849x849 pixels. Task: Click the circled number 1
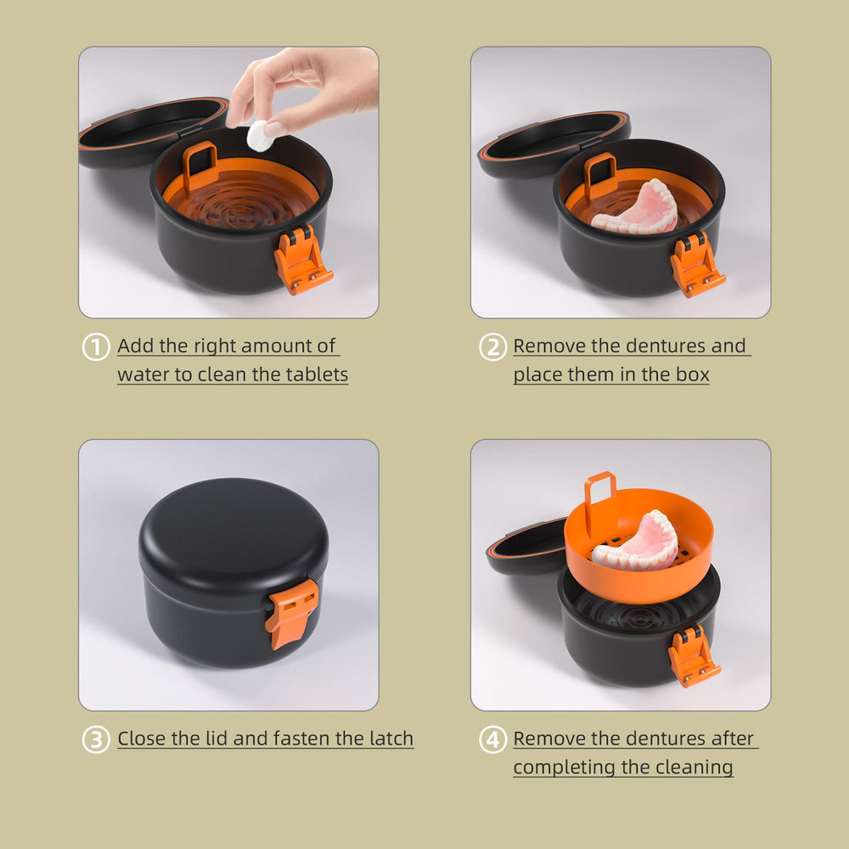96,347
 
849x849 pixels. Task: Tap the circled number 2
492,347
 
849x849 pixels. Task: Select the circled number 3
96,739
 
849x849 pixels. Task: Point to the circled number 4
492,739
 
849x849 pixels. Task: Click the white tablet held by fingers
258,137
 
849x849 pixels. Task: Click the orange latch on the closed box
291,612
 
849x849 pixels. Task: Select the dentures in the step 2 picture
637,208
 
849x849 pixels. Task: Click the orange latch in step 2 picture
696,265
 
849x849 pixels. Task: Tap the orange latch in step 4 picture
694,656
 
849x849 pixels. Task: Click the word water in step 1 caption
143,374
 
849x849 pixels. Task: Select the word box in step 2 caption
691,374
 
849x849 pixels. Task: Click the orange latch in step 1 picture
301,261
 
